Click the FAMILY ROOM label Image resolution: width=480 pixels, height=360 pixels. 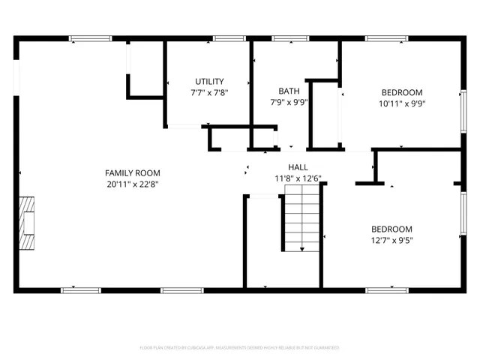coord(132,173)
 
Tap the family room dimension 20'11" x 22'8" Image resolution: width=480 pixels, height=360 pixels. coord(132,184)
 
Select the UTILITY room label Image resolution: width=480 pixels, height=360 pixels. coord(209,82)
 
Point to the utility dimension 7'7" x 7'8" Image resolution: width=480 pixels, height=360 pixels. coord(209,92)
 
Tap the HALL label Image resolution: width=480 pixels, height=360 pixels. coord(298,167)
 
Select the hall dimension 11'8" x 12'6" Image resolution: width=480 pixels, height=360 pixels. coord(298,178)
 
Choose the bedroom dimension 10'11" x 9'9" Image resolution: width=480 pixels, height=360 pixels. coord(400,105)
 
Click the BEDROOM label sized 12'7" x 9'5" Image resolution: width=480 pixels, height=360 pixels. coord(391,229)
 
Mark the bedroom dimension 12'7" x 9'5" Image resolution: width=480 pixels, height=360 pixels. coord(391,241)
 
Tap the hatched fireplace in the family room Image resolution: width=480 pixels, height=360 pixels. coord(27,223)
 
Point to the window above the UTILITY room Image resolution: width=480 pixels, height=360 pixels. coord(224,38)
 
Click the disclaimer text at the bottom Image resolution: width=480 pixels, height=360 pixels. coord(240,348)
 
